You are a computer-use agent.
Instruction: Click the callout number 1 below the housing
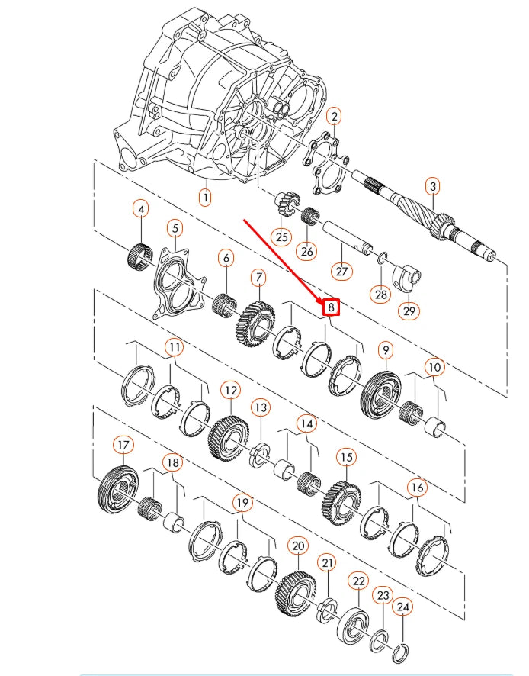click(x=204, y=197)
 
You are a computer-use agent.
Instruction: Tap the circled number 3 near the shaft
click(x=432, y=185)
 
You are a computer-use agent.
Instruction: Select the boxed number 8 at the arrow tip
click(x=331, y=307)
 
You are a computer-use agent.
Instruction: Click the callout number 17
click(x=123, y=444)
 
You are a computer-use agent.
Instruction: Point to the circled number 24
click(x=403, y=607)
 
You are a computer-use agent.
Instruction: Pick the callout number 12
click(x=230, y=391)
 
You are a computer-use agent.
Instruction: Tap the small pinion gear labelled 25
click(x=284, y=205)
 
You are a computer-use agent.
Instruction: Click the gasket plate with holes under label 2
click(x=330, y=162)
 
